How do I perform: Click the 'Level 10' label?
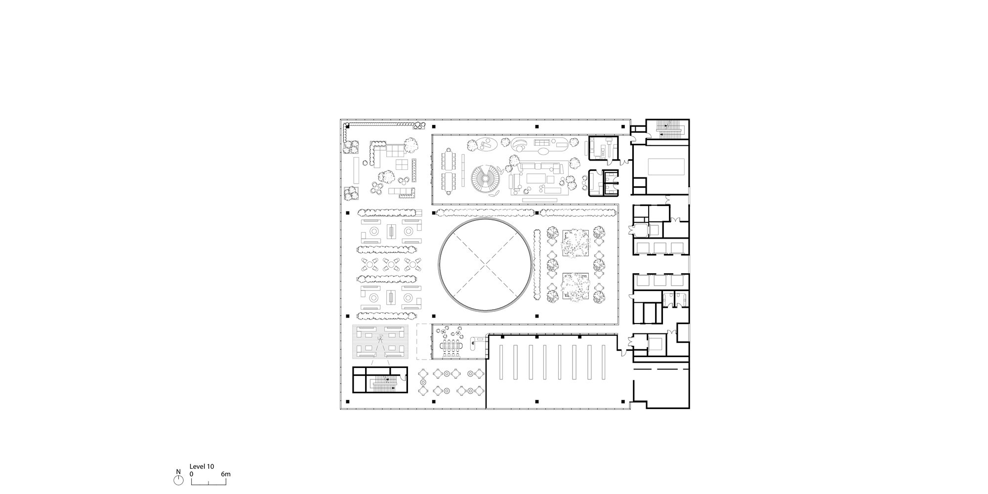coord(202,466)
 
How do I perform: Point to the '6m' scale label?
coord(226,474)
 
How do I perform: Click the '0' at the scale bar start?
coord(192,474)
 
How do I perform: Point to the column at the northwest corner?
coord(348,126)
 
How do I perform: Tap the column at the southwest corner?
coord(348,402)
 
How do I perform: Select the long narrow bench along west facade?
coord(355,171)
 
